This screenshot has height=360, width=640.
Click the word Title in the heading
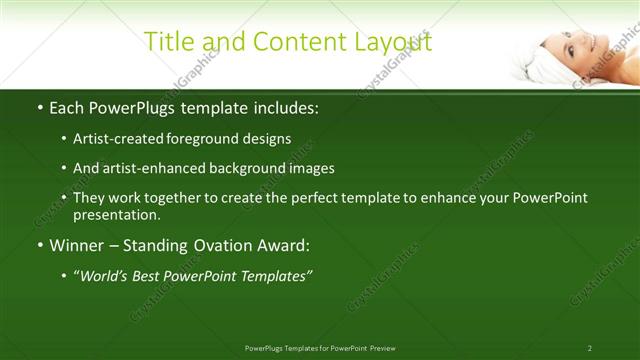point(171,42)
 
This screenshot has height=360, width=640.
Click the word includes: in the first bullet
point(283,107)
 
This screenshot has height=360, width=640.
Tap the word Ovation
point(227,245)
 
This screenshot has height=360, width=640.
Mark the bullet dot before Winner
point(40,246)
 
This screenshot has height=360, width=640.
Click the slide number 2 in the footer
point(589,348)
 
